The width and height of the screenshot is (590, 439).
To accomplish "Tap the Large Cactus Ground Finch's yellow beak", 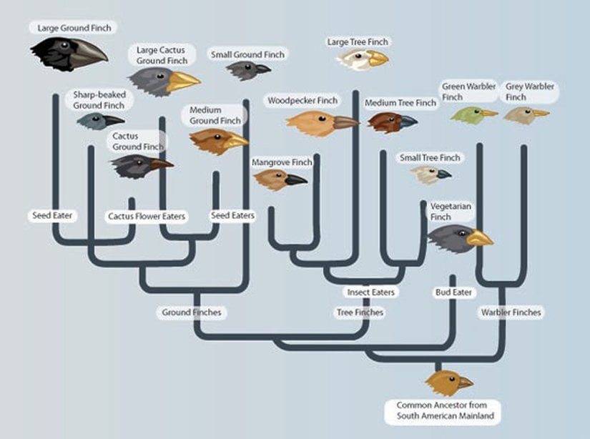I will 182,81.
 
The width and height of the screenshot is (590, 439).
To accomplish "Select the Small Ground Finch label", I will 248,54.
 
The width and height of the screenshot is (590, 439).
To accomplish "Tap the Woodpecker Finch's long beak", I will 345,122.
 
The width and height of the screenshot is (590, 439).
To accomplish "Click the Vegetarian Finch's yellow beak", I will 479,238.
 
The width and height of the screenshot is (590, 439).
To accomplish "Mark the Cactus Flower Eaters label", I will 147,216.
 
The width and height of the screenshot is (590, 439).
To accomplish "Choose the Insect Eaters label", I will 371,292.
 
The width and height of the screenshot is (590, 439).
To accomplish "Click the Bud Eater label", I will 453,292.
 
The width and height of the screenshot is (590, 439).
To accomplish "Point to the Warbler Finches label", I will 511,312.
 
